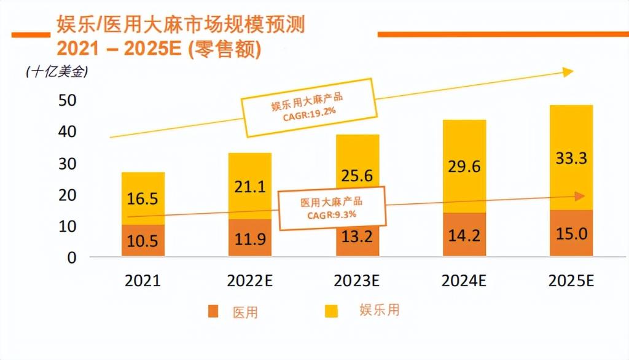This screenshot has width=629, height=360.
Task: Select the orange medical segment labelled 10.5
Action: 143,241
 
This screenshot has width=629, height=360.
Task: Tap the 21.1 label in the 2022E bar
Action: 250,186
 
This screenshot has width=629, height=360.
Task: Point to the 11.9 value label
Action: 250,239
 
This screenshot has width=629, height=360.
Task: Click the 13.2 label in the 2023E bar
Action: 357,237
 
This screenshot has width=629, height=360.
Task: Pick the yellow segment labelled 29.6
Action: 464,166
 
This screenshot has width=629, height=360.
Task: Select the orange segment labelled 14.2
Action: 464,235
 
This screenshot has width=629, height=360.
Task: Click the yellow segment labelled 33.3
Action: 571,158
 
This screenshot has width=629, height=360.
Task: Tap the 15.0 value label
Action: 571,234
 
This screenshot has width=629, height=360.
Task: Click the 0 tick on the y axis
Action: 72,257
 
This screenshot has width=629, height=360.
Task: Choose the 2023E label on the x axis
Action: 357,281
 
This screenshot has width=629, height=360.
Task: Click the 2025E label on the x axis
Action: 571,281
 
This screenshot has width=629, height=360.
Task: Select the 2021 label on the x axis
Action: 143,281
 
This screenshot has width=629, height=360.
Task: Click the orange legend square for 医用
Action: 213,311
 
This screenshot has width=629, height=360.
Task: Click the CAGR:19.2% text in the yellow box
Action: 308,114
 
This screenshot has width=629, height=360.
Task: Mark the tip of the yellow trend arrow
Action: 572,72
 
